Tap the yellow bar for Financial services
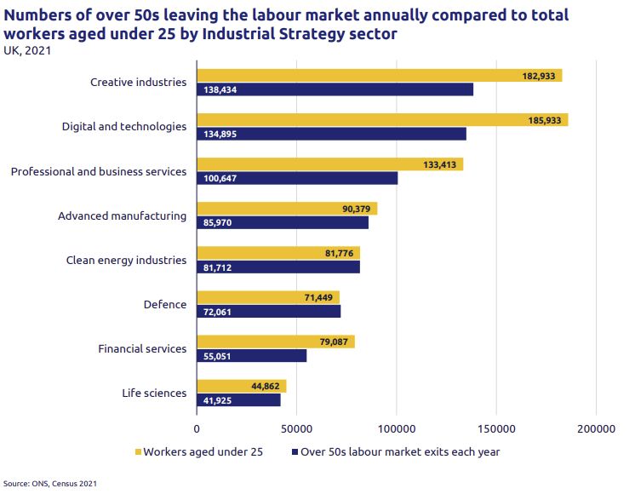pos(275,342)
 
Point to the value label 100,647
pos(220,178)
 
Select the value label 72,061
pos(217,312)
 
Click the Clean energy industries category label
pos(126,260)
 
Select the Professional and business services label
pos(99,171)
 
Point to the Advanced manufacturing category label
pos(122,215)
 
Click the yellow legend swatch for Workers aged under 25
pos(138,452)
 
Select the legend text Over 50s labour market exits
pos(400,452)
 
